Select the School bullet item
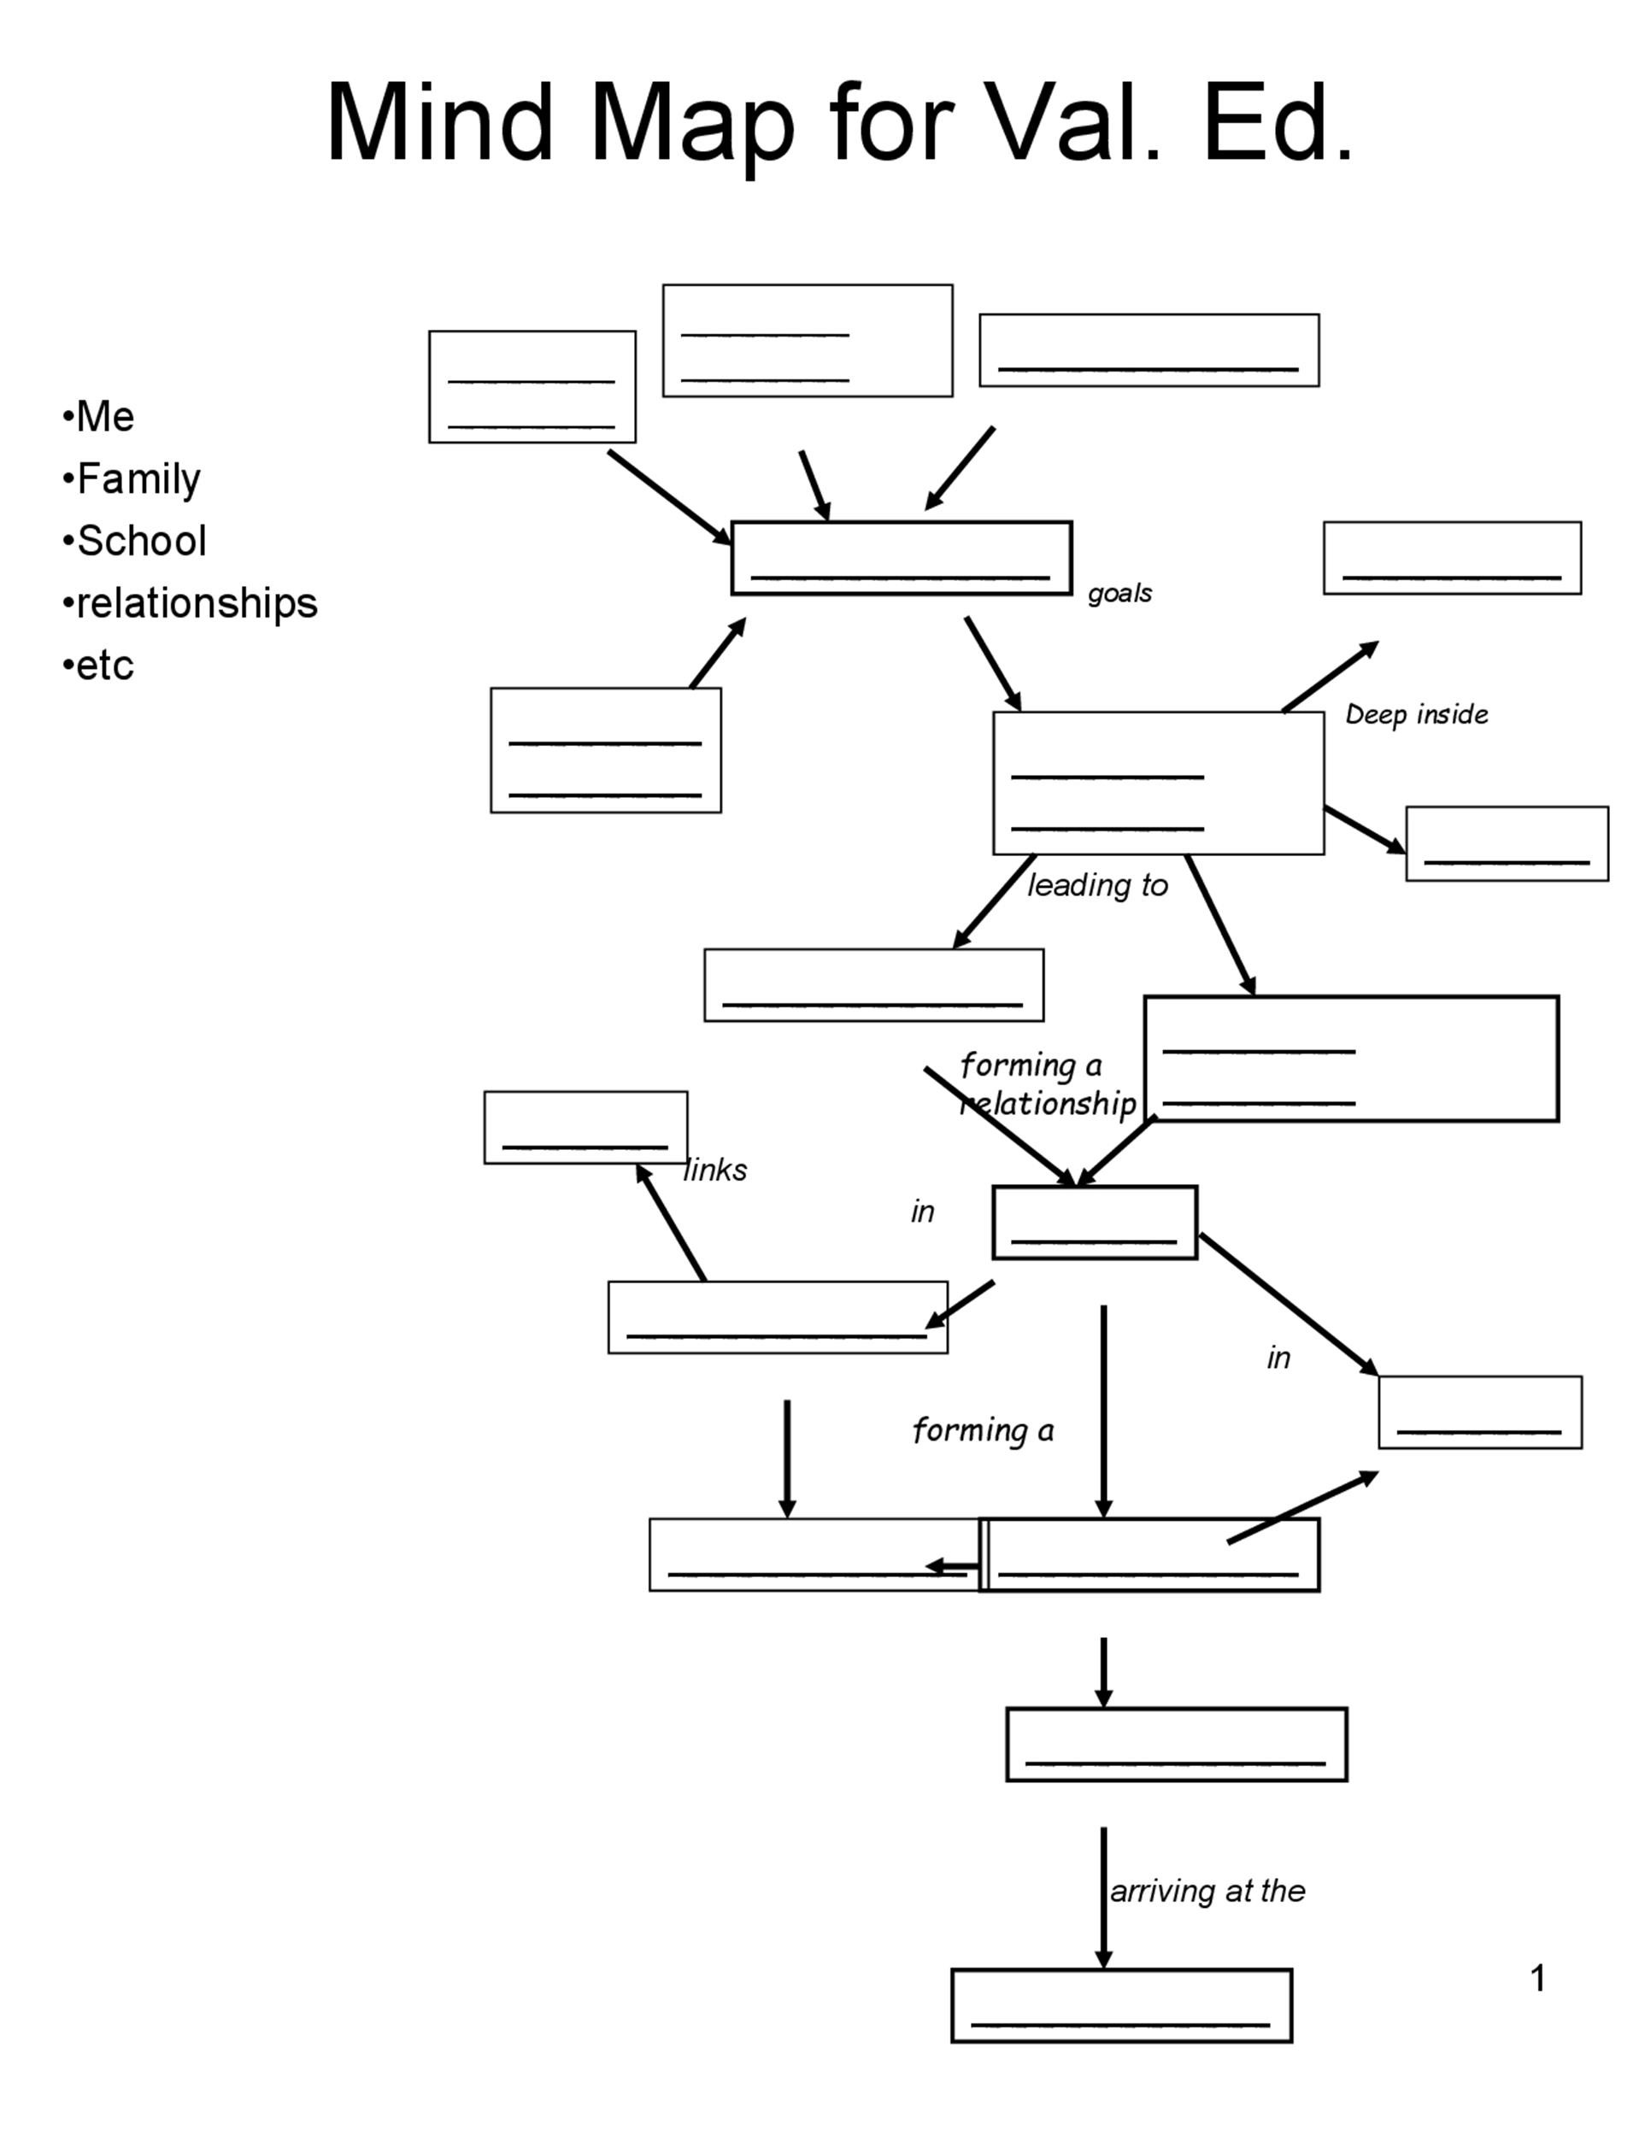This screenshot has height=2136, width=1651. [141, 541]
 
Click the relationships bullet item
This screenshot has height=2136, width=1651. [196, 603]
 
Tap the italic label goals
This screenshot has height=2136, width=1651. [1120, 593]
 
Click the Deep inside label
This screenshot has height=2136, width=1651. [1416, 715]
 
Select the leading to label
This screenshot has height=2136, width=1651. [1097, 885]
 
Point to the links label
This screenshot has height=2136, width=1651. [716, 1170]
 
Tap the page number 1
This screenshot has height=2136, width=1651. [1537, 1979]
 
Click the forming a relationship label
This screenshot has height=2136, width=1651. [1047, 1083]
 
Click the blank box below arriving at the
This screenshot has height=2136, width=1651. [1121, 2005]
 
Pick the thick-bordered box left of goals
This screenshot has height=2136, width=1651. [901, 557]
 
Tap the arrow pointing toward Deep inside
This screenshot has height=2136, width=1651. [1331, 676]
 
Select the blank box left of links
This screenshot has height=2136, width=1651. [585, 1127]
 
